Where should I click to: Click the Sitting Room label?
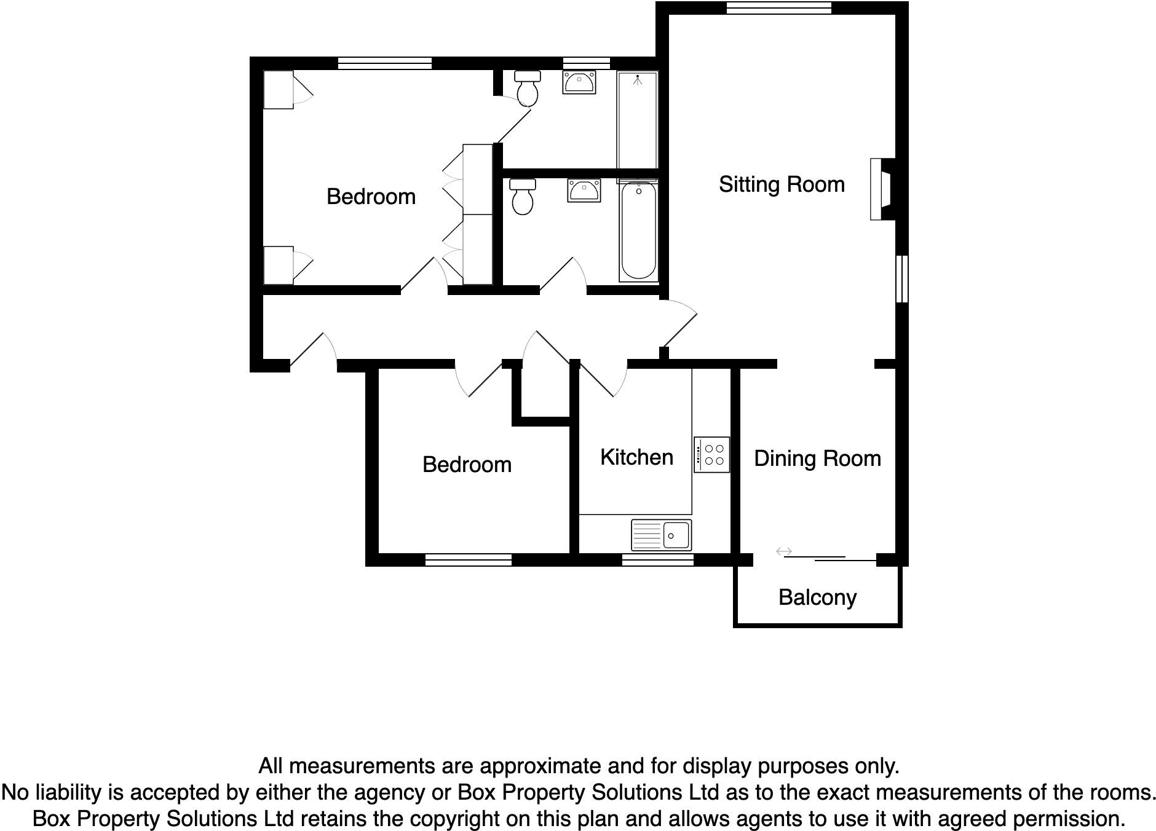tap(782, 184)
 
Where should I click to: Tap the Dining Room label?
tap(817, 459)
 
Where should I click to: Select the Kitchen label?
tap(636, 457)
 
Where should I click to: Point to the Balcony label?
tap(817, 597)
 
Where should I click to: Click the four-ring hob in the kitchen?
tap(712, 455)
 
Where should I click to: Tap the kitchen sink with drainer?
tap(661, 535)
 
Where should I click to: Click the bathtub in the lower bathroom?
tap(638, 231)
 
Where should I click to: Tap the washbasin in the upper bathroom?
tap(579, 82)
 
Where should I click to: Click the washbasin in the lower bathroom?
tap(584, 191)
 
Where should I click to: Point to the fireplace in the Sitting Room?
tap(881, 189)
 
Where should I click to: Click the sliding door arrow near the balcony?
tap(783, 551)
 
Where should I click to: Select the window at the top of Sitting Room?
tap(778, 8)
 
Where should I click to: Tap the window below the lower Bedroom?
tap(468, 559)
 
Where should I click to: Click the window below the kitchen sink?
tap(657, 559)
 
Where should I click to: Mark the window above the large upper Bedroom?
tap(384, 63)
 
